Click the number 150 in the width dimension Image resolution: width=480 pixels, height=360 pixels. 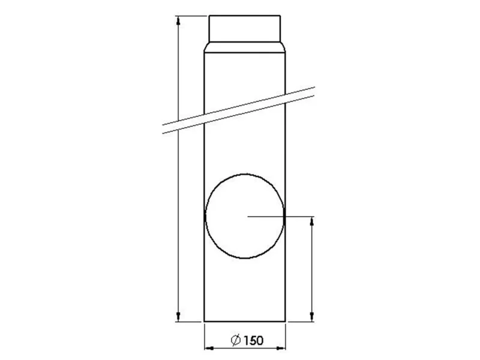tap(254, 340)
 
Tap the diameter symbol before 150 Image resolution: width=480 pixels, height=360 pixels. tap(236, 340)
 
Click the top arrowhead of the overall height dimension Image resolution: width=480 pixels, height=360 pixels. tap(178, 21)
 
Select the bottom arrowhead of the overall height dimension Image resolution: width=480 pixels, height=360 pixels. tap(178, 317)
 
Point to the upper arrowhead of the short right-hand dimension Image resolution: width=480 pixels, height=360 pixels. tap(312, 221)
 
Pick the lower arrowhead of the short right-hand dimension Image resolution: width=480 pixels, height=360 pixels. tap(312, 317)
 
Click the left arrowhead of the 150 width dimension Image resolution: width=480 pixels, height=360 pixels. tap(209, 348)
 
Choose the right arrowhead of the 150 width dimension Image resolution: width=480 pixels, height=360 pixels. tap(281, 348)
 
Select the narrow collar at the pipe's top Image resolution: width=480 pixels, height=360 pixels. tap(245, 28)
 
